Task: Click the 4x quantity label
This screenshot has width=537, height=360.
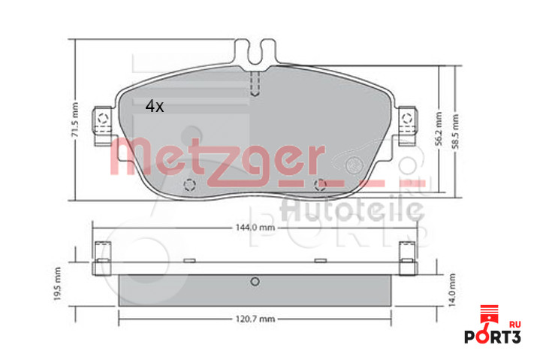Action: point(154,107)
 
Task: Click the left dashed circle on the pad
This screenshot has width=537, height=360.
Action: point(189,185)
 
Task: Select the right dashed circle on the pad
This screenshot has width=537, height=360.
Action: point(321,184)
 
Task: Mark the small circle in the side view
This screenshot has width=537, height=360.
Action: point(254,282)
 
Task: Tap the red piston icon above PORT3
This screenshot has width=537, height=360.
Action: point(488,314)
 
